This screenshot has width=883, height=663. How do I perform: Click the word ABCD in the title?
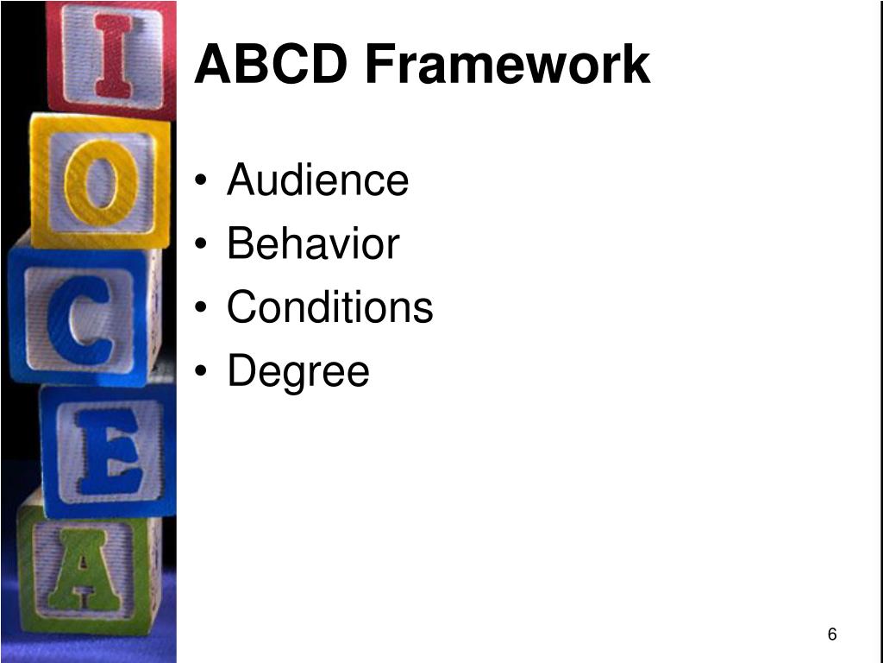click(x=270, y=64)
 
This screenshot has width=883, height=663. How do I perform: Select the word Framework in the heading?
click(x=508, y=64)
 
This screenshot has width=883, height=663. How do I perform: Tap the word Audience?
click(x=317, y=180)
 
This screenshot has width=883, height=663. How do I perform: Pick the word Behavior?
click(x=313, y=243)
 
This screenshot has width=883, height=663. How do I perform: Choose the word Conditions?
click(x=330, y=306)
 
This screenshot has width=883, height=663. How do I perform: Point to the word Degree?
click(x=298, y=371)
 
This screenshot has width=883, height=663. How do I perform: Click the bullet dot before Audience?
click(x=201, y=180)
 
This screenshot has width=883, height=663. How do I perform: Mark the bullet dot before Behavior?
click(x=201, y=244)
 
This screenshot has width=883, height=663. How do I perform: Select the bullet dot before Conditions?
click(x=201, y=308)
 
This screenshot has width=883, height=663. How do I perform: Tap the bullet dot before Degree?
click(x=201, y=371)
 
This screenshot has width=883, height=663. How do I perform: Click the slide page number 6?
click(x=832, y=635)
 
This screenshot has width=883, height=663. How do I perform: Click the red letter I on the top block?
click(x=115, y=55)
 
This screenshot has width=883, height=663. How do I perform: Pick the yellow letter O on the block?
click(x=102, y=182)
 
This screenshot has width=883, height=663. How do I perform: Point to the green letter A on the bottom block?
click(x=85, y=571)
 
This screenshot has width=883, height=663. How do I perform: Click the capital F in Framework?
click(x=380, y=64)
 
